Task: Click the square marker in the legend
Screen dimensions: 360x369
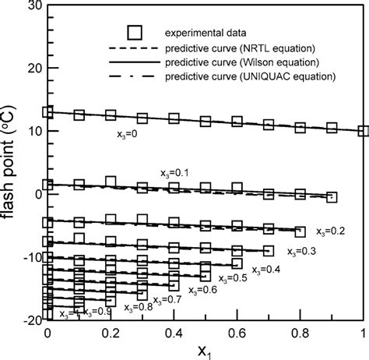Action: coord(136,34)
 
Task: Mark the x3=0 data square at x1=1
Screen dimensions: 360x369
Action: coord(363,131)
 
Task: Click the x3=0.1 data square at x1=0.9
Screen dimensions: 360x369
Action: coord(332,197)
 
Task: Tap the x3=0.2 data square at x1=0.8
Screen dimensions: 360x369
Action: coord(300,230)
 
